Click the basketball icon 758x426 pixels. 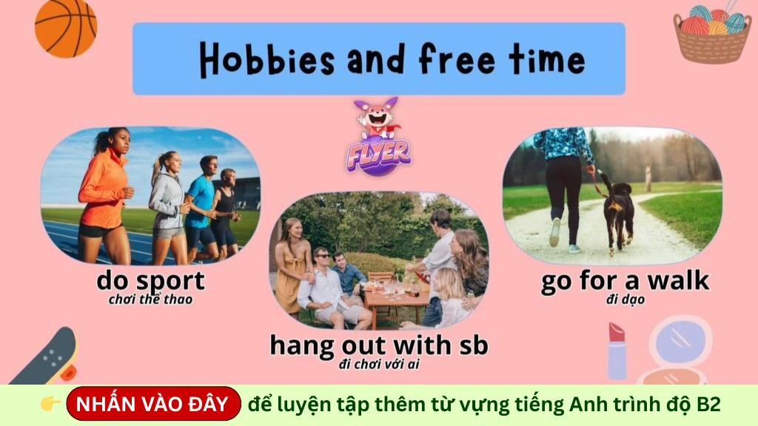point(66,27)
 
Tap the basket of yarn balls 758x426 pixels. point(711,34)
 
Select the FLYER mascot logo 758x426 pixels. point(378,137)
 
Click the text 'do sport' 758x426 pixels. point(150,281)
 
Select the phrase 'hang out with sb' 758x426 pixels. point(378,345)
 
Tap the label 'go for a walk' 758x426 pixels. point(625,281)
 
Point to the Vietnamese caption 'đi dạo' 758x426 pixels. point(624,300)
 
